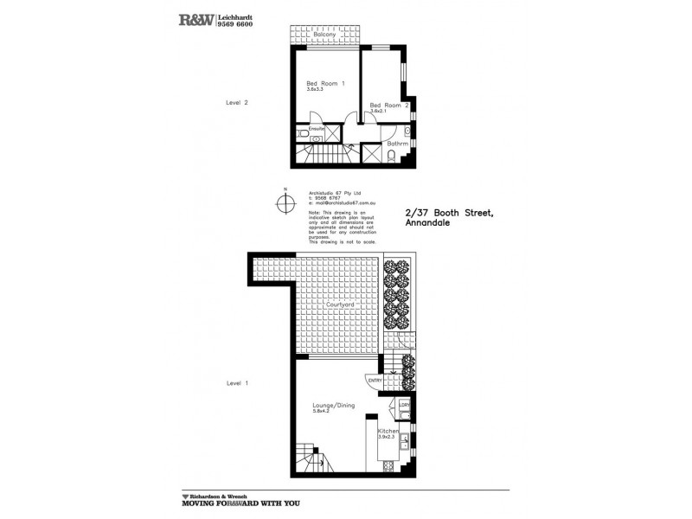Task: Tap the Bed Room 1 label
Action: click(x=325, y=83)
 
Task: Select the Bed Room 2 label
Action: click(x=383, y=105)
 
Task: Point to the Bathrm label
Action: click(x=397, y=143)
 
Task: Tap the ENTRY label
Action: click(x=375, y=380)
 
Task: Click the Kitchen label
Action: click(x=388, y=430)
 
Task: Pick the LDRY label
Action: click(x=404, y=404)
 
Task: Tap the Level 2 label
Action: click(x=237, y=102)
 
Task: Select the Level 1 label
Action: click(x=237, y=382)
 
